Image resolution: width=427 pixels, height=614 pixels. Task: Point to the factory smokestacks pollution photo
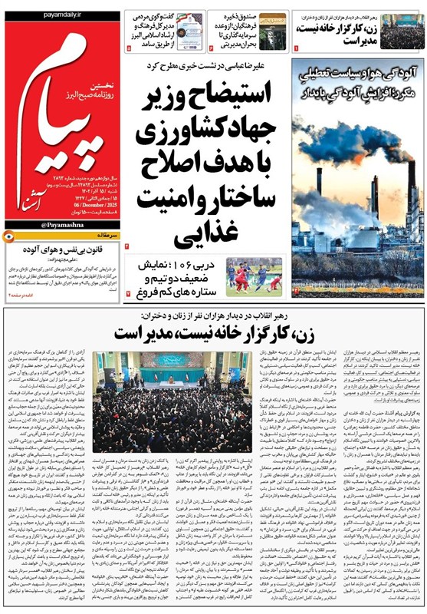[x=357, y=203]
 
